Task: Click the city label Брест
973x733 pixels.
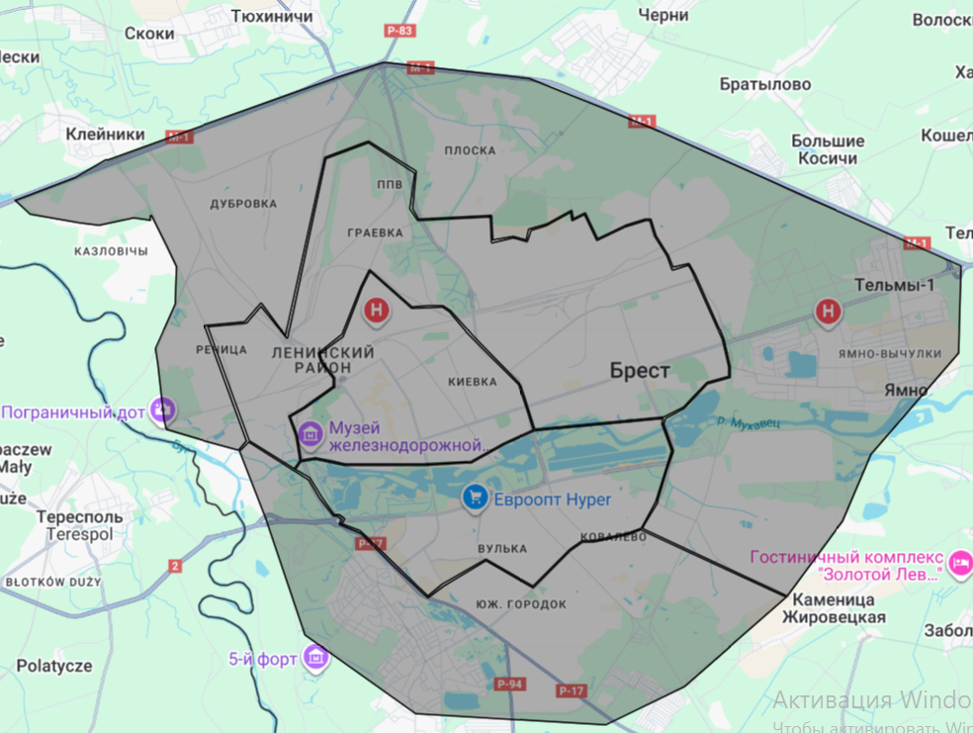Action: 640,371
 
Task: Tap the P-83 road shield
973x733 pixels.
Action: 400,31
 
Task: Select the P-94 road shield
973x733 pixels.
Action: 510,685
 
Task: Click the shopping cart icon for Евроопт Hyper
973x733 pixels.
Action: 476,499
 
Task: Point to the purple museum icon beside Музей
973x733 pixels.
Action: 310,432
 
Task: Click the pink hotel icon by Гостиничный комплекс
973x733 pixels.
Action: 958,564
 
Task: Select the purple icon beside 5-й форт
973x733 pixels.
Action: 315,657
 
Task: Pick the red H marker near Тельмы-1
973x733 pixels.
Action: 828,313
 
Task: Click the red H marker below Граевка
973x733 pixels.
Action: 377,312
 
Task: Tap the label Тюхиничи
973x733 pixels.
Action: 271,17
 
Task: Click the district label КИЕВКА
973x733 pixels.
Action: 472,381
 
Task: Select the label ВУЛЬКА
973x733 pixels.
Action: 501,549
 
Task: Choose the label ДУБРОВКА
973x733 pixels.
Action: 243,204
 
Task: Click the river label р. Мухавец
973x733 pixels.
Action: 750,422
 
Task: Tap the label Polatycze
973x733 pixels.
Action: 54,666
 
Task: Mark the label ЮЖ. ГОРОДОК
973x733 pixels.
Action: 520,603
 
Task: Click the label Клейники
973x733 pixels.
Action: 105,135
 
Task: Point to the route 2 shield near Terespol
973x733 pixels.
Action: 176,566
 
